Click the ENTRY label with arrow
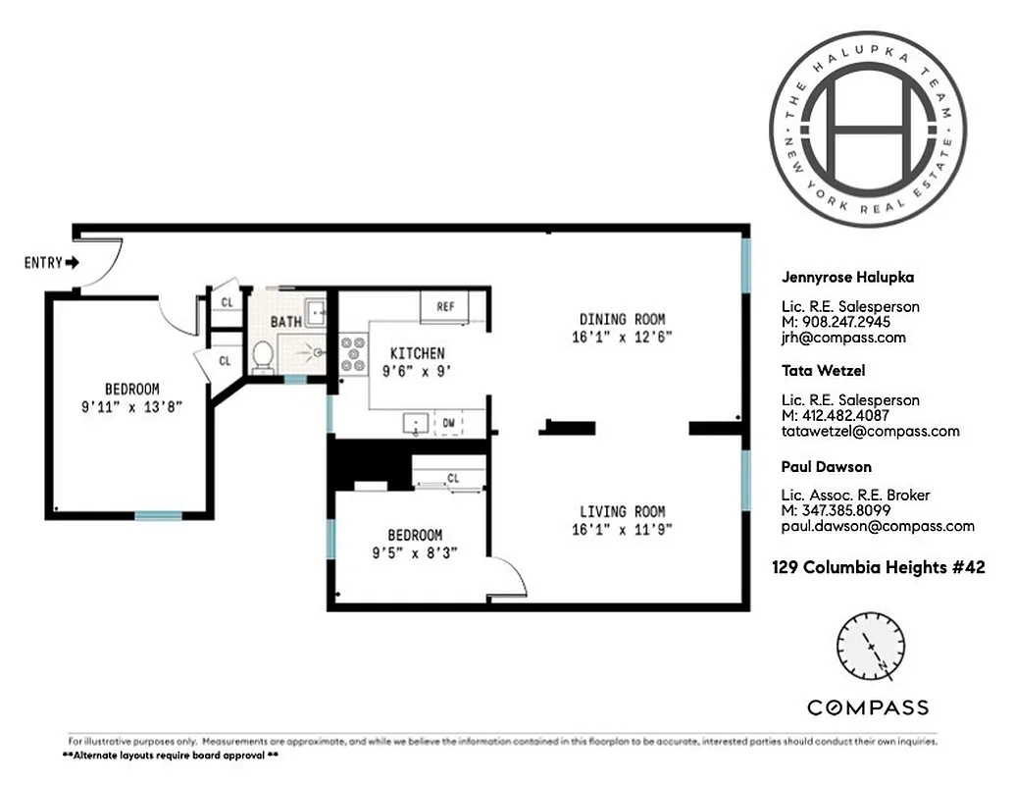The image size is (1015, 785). pos(52,263)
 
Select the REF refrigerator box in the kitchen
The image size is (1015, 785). pos(444,306)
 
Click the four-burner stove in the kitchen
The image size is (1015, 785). pos(353,355)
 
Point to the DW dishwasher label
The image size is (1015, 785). pos(447,422)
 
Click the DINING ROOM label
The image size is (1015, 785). pos(622,319)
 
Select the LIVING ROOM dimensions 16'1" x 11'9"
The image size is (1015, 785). pos(622,530)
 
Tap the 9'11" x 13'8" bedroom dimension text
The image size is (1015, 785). pos(131,406)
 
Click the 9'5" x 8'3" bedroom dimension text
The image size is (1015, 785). pos(414,552)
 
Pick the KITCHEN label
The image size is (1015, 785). pos(417,353)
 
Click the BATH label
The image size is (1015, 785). pos(285,322)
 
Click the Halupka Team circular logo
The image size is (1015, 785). pos(867,128)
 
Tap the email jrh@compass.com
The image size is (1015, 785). pos(829,338)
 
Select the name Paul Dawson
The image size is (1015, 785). pos(826,466)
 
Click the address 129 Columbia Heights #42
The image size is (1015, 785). pos(878,567)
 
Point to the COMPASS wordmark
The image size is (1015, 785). pos(868,707)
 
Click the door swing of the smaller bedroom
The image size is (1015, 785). pos(508,579)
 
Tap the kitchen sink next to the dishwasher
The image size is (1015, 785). pos(417,423)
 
